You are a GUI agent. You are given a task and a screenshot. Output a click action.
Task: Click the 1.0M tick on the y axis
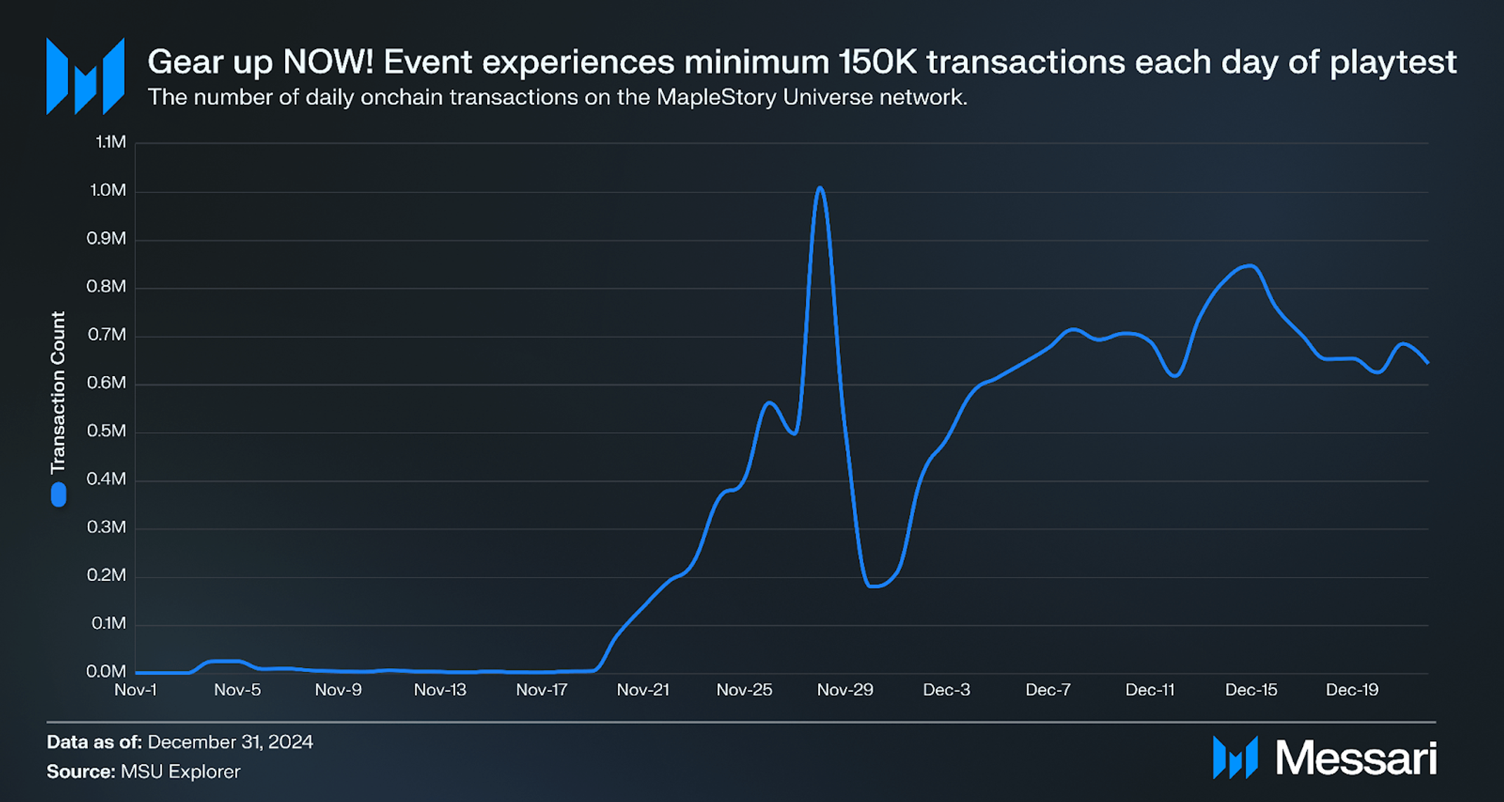[108, 190]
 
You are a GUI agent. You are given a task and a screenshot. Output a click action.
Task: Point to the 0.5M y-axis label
[107, 431]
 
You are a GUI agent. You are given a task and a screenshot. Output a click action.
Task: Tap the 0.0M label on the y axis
[106, 671]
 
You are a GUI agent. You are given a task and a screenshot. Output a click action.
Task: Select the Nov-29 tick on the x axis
[845, 690]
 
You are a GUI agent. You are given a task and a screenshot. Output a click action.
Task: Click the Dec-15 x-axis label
[1251, 690]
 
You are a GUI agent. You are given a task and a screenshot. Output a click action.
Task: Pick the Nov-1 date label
[136, 690]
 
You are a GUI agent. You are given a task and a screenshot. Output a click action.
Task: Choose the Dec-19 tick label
[1352, 690]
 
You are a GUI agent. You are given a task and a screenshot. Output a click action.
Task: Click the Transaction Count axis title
[58, 392]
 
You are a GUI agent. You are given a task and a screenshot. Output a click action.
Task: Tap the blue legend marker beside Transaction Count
[58, 494]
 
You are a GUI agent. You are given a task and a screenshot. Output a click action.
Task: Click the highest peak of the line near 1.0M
[819, 187]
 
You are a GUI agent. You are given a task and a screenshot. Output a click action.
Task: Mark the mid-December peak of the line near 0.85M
[1250, 265]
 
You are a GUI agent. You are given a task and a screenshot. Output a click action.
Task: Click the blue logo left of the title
[85, 76]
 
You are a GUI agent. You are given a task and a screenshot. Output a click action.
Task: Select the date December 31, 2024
[230, 742]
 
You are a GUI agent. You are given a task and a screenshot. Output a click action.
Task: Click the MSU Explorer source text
[180, 772]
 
